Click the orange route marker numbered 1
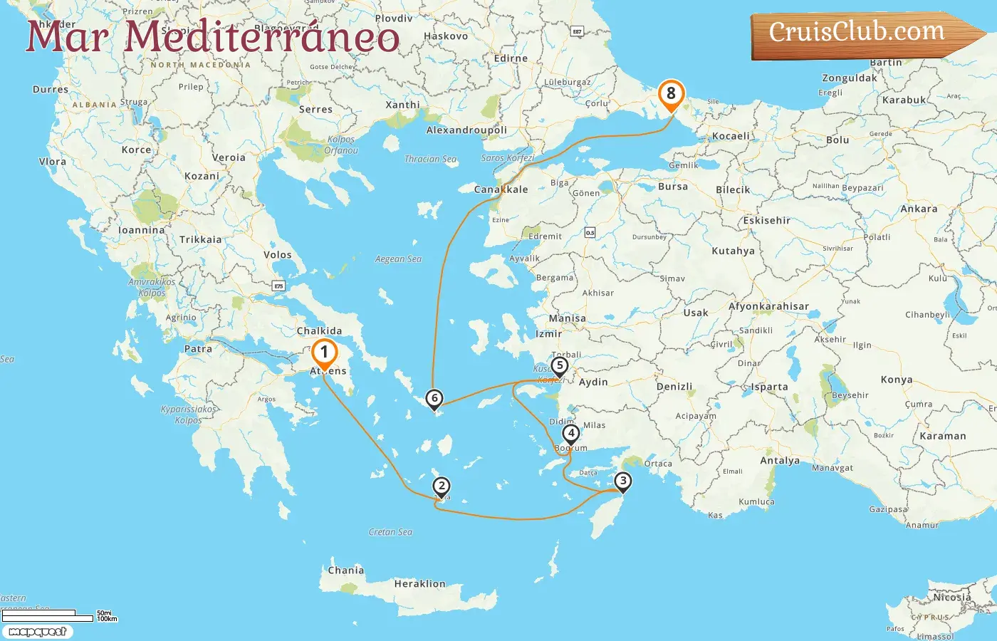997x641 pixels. coord(324,352)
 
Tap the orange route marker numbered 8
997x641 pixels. coord(670,93)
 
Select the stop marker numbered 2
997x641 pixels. coord(442,486)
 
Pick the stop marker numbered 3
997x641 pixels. coord(623,481)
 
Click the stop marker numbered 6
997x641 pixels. coord(434,399)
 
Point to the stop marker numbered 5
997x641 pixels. coord(560,366)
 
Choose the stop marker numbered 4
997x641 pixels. coord(570,433)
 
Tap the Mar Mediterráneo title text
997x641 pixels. coord(212,37)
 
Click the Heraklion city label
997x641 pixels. coord(419,584)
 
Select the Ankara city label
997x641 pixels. coord(919,209)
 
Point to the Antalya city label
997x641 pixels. coord(780,461)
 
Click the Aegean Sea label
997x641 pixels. coord(398,259)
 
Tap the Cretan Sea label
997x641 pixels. coord(390,532)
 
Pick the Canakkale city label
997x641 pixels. coord(501,189)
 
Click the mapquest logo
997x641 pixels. coord(37,632)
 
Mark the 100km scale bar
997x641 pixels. coord(48,618)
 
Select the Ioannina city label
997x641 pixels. coord(141,230)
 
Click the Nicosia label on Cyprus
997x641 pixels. coord(952,598)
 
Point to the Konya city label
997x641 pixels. coord(896,380)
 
